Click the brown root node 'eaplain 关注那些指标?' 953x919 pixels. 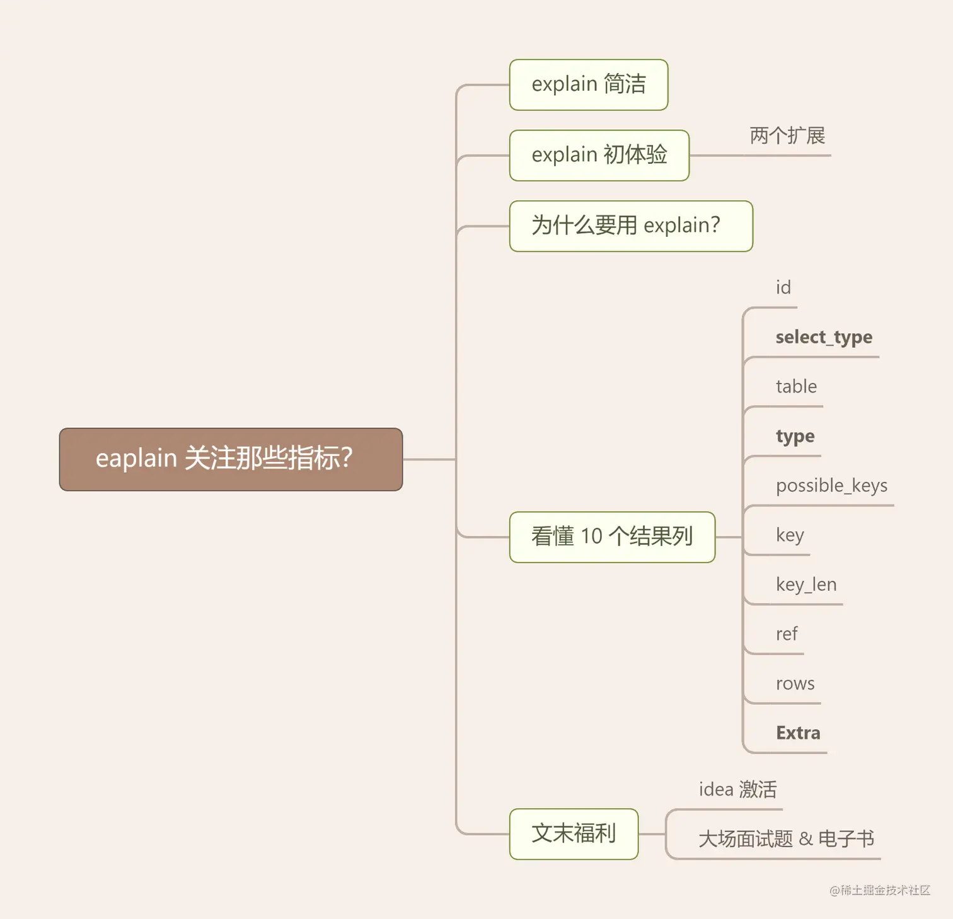click(231, 459)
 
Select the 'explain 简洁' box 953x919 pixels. click(588, 84)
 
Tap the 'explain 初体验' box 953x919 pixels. click(599, 155)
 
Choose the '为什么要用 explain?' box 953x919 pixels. click(630, 225)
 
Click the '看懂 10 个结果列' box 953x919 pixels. click(611, 537)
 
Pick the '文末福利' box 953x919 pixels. click(574, 833)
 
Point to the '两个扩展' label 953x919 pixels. click(787, 135)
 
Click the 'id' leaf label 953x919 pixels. click(783, 288)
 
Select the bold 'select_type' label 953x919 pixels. click(824, 338)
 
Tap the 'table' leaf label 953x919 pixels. click(796, 387)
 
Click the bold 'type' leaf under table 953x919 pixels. click(795, 437)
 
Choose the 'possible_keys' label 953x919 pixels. click(831, 486)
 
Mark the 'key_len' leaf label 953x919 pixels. click(806, 585)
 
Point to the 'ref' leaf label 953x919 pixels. click(787, 634)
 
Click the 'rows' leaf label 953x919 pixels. click(795, 683)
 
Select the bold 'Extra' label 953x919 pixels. click(798, 733)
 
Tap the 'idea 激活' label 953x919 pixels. click(737, 789)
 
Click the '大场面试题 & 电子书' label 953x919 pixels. click(786, 839)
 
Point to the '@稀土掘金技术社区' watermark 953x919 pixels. click(880, 890)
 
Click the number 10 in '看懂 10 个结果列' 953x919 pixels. click(592, 537)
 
